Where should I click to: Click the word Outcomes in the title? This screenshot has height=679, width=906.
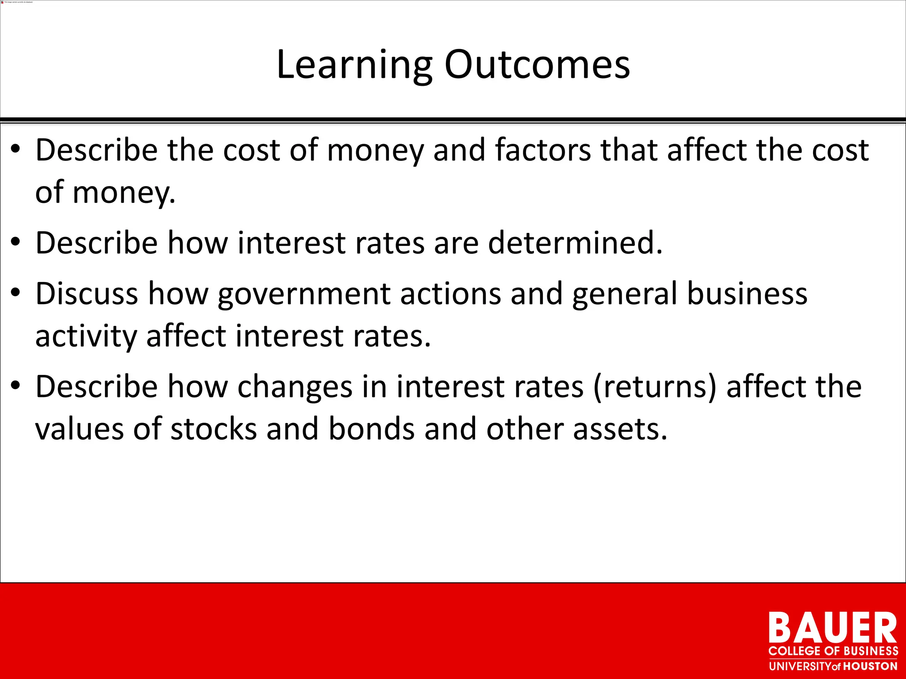point(537,65)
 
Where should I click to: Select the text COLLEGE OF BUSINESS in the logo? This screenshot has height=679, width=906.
point(833,651)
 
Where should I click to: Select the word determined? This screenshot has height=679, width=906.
point(575,243)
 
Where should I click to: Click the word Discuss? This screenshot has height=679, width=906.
point(86,294)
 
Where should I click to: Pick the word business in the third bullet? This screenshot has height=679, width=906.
point(747,294)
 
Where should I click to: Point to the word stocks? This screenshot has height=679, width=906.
point(214,429)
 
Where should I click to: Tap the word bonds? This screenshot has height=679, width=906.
point(372,429)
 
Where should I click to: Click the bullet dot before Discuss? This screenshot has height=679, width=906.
point(16,293)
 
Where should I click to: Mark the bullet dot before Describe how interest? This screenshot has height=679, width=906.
point(16,242)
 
